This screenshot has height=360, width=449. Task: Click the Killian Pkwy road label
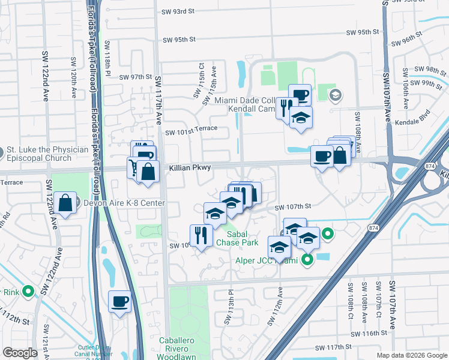[189, 168]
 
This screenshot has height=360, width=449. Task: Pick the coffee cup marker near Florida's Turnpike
[119, 301]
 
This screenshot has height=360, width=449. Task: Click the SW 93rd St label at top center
[178, 11]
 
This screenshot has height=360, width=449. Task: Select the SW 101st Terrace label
[190, 132]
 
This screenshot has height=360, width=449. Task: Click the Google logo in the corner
[19, 353]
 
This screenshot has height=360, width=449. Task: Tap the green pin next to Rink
[28, 292]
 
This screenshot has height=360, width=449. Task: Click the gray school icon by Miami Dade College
[335, 94]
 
